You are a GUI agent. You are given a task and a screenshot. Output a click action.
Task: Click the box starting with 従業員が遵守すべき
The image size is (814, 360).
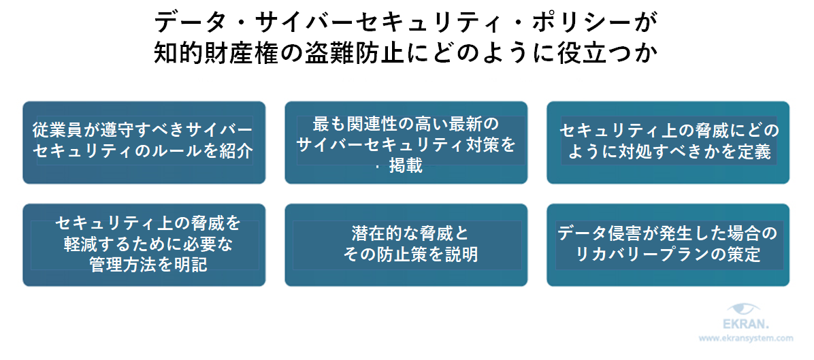click(x=144, y=142)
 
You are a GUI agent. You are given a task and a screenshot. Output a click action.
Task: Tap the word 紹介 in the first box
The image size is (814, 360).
click(x=235, y=151)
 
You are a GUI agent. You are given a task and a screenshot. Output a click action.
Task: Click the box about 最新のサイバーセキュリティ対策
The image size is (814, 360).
click(x=406, y=142)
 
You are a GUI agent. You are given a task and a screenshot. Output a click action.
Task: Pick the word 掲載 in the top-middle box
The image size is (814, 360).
click(x=407, y=165)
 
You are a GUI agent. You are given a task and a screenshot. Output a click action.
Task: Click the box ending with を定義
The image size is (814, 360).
click(x=668, y=142)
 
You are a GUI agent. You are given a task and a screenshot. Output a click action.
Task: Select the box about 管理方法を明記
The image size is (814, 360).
click(x=144, y=244)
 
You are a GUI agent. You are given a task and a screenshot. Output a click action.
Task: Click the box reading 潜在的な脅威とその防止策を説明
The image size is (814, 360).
click(x=406, y=244)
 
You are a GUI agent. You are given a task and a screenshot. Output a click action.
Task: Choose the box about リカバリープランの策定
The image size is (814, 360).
click(x=668, y=244)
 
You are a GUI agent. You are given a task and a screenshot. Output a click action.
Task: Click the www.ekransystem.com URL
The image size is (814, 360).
click(x=746, y=338)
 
